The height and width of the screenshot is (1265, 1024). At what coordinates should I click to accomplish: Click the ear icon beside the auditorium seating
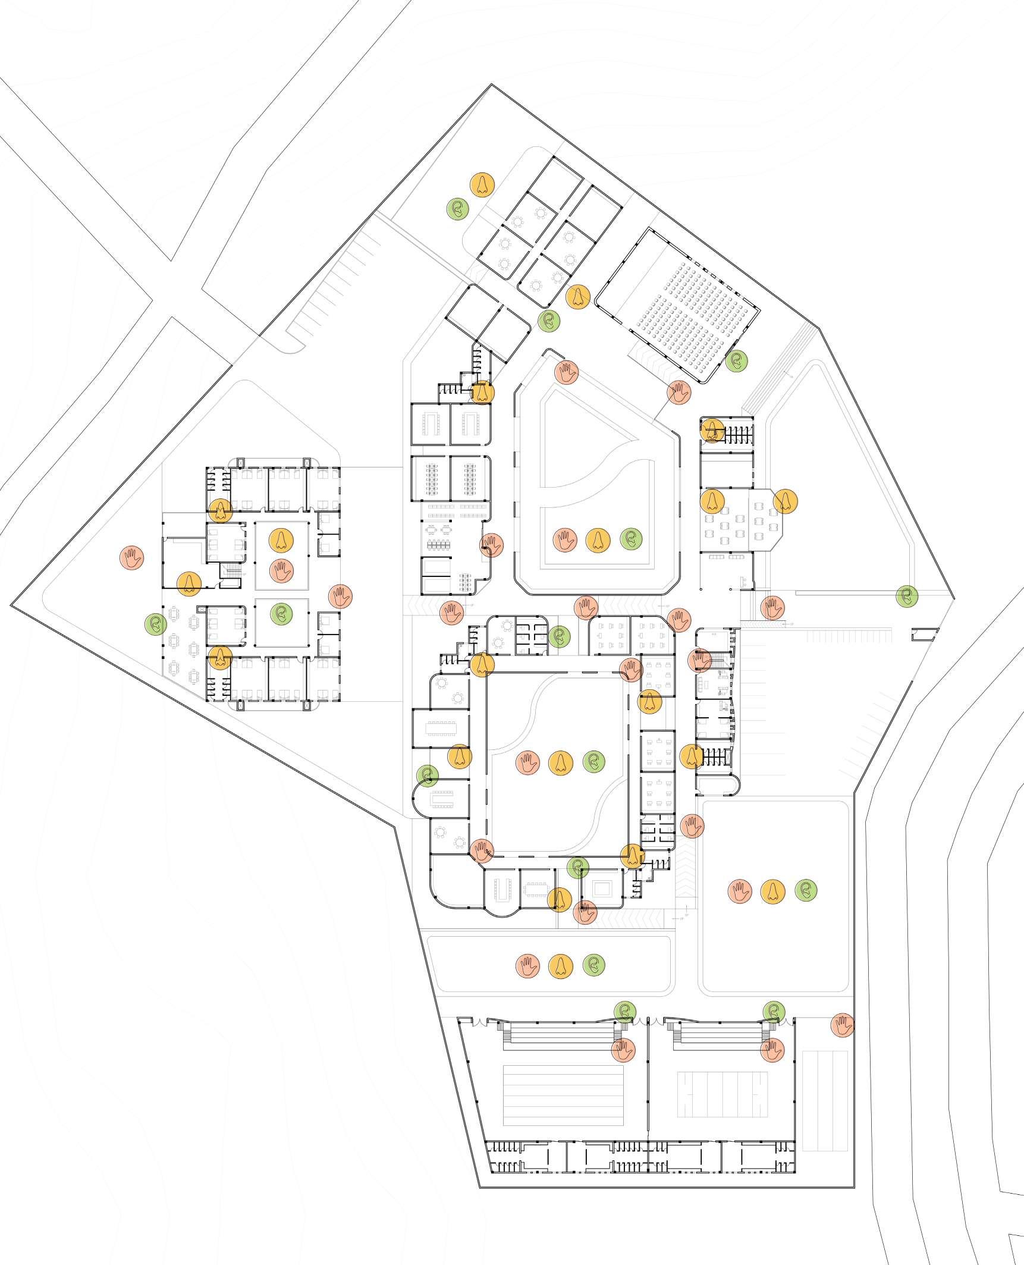pos(736,360)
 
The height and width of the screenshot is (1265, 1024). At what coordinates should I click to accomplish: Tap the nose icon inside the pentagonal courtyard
pos(598,539)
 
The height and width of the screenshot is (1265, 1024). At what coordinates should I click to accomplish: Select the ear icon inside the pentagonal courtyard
pos(631,539)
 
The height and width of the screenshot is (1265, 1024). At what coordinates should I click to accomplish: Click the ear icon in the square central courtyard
pos(593,761)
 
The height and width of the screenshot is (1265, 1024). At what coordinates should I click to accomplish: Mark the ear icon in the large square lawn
pos(806,890)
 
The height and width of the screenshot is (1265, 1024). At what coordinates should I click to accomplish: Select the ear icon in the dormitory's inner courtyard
pos(281,613)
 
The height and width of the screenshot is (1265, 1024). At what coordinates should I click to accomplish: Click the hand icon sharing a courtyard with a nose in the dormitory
pos(281,570)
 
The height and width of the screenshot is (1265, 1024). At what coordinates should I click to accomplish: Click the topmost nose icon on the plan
pos(482,184)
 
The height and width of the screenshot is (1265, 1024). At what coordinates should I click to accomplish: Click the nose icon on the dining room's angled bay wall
pos(784,501)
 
